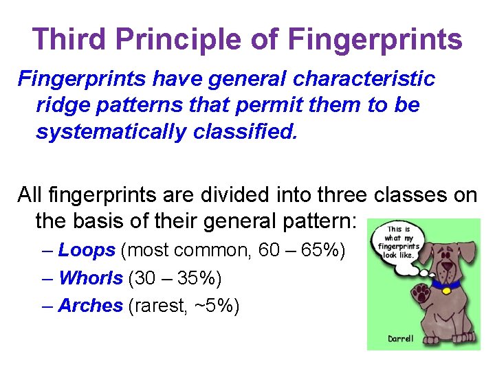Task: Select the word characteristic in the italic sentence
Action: (x=364, y=79)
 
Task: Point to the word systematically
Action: (x=110, y=131)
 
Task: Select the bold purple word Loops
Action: (x=87, y=250)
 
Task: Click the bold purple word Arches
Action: (x=91, y=306)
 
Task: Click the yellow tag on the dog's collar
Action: (x=445, y=291)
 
